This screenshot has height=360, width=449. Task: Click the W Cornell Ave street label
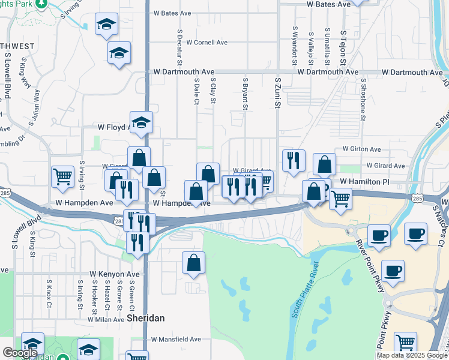pos(206,43)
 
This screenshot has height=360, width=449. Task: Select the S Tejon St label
pos(343,48)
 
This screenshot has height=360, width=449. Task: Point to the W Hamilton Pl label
pos(364,181)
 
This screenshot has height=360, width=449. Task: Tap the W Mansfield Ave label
pos(176,339)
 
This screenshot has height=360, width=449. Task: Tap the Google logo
pos(20,353)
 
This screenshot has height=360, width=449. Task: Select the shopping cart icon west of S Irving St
pos(62,176)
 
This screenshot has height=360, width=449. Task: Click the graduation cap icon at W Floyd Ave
pos(142,122)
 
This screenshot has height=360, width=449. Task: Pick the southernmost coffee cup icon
pos(393,271)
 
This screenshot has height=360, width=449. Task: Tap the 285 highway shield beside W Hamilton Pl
pos(417,198)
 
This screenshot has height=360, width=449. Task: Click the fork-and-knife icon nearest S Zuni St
pos(294,160)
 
